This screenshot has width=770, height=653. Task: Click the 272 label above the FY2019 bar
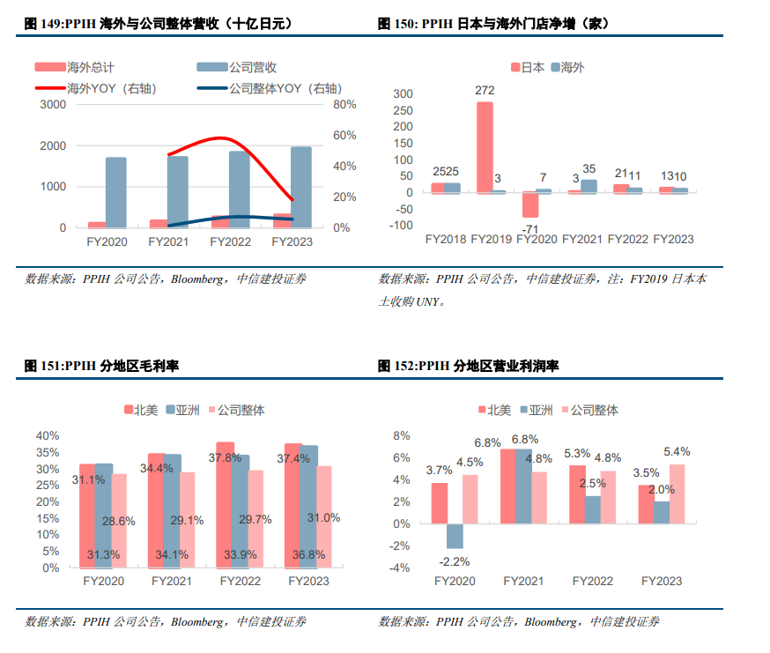pyautogui.click(x=485, y=91)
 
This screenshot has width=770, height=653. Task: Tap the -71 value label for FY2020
pyautogui.click(x=506, y=230)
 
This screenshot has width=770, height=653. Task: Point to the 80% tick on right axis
pyautogui.click(x=344, y=105)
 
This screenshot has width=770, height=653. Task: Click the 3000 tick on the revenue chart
pyautogui.click(x=53, y=105)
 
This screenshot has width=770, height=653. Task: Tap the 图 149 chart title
pyautogui.click(x=155, y=25)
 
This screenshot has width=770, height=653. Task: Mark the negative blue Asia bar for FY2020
pyautogui.click(x=455, y=536)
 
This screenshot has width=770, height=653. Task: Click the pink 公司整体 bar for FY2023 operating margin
pyautogui.click(x=676, y=493)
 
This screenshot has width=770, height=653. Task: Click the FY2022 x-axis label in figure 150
pyautogui.click(x=628, y=239)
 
